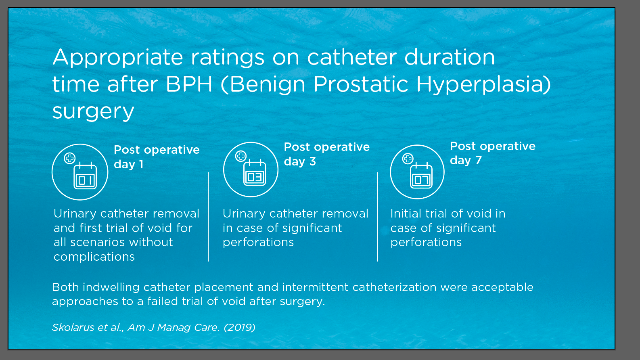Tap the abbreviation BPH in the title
189,84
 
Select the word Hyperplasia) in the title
483,85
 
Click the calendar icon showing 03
255,172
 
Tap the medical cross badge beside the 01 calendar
70,158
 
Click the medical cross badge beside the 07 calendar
408,158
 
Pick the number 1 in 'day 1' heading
141,164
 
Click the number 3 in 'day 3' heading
313,161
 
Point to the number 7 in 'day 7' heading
479,160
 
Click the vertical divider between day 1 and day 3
209,217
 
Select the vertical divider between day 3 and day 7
377,217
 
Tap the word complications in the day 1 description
94,257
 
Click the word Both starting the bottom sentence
65,287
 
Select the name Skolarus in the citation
73,327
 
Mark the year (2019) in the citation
239,327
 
